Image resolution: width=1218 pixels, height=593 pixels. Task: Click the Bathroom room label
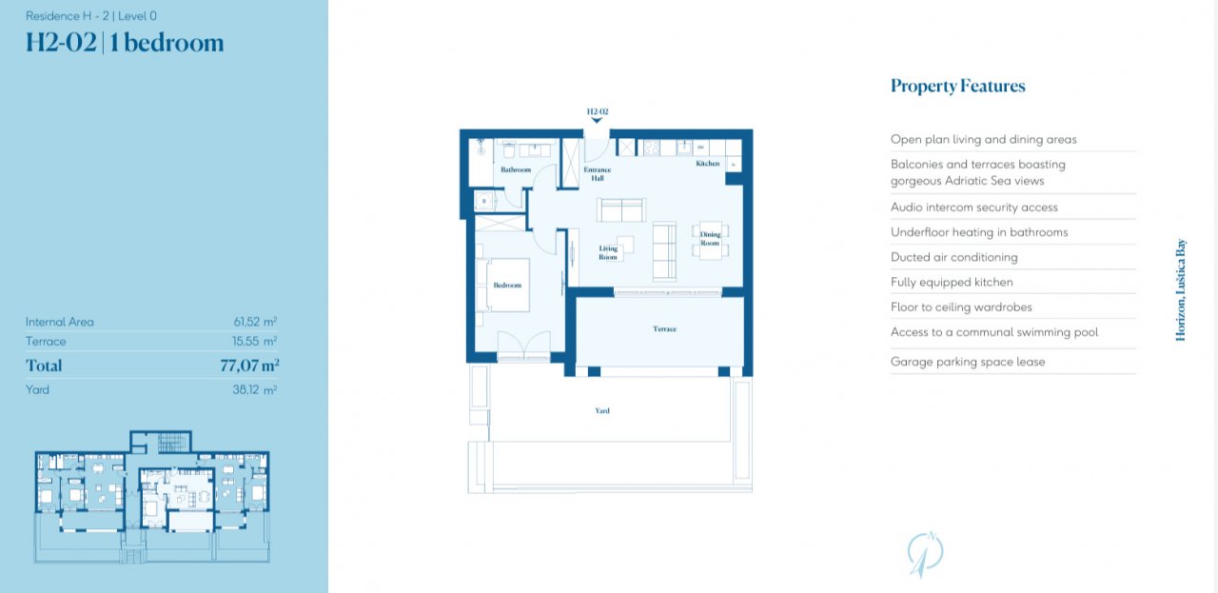516,169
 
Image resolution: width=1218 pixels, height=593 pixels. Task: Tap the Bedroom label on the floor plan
507,285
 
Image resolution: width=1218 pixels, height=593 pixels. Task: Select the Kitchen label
707,163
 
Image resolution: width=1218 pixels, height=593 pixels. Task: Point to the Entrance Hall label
597,174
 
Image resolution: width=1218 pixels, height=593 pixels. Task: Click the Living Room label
608,253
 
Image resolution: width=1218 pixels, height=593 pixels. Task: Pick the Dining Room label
710,239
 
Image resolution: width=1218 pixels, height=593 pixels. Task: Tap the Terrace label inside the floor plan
664,329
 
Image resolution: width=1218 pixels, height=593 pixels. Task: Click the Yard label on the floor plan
602,411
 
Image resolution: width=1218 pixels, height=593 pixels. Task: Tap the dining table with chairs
710,240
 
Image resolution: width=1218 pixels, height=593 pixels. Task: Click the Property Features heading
957,86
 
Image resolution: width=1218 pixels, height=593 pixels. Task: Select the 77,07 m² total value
249,366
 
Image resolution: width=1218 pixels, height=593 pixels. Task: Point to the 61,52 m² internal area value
255,322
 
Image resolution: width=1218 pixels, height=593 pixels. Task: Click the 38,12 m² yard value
254,389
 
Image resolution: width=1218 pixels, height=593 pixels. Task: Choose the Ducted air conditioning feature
953,257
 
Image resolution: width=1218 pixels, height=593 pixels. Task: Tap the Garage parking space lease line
968,362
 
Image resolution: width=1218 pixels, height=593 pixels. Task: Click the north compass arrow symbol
925,554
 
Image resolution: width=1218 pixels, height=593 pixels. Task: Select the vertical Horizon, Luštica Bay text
1181,290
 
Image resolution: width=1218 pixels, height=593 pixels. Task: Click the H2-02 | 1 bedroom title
125,43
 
